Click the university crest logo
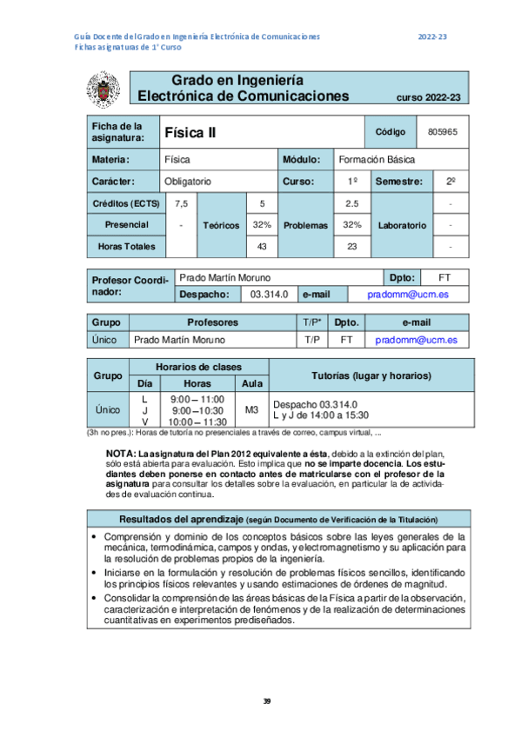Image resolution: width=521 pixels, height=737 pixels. tap(104, 89)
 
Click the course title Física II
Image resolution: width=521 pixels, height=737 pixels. tap(190, 133)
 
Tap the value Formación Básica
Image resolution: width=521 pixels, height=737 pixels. tap(377, 160)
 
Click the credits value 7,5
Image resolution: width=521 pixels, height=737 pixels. tap(181, 203)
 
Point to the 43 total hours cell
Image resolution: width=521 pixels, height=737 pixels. tap(262, 247)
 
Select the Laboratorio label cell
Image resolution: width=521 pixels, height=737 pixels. tap(403, 225)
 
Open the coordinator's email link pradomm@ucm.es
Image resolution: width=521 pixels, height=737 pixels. tap(408, 295)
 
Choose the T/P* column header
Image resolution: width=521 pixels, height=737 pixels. tap(314, 322)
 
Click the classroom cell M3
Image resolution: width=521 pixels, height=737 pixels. tap(251, 409)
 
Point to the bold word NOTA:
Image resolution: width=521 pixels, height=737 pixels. tap(119, 455)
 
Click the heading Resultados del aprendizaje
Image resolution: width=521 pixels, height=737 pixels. tap(170, 519)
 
